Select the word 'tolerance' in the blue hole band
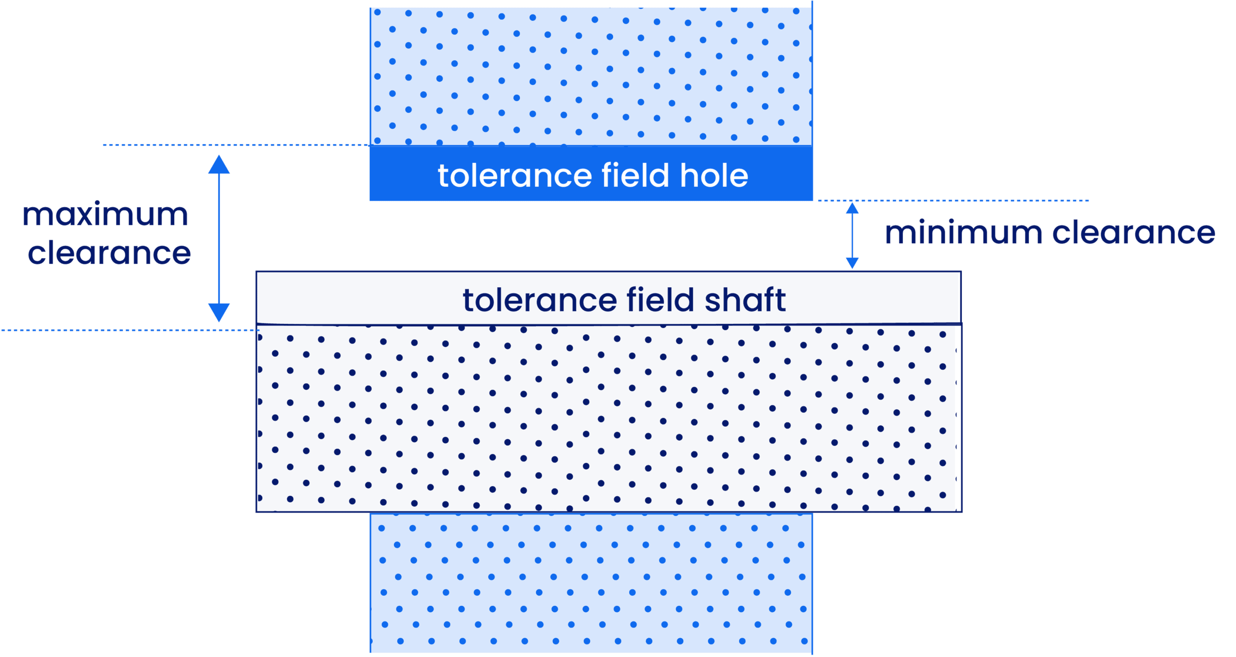pyautogui.click(x=514, y=176)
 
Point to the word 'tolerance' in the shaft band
pyautogui.click(x=539, y=300)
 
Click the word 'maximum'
pyautogui.click(x=105, y=215)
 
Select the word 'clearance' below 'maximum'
pyautogui.click(x=109, y=253)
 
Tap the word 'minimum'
pyautogui.click(x=963, y=233)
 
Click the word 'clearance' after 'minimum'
pyautogui.click(x=1133, y=233)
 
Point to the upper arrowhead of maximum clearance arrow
pyautogui.click(x=219, y=165)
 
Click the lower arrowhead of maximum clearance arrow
pyautogui.click(x=219, y=312)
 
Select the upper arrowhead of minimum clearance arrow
pyautogui.click(x=852, y=209)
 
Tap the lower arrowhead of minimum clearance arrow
pyautogui.click(x=852, y=263)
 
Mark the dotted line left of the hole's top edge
pyautogui.click(x=237, y=145)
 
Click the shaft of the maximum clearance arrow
pyautogui.click(x=219, y=239)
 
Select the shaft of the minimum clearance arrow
pyautogui.click(x=852, y=236)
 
